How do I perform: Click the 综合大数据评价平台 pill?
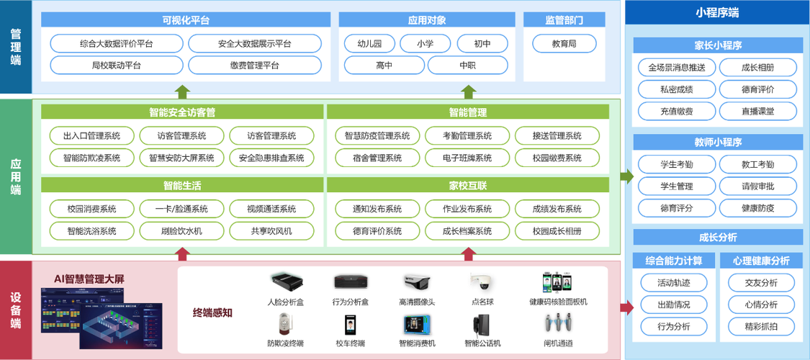pyautogui.click(x=117, y=43)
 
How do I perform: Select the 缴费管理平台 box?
pyautogui.click(x=255, y=65)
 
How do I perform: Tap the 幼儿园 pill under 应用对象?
pyautogui.click(x=369, y=43)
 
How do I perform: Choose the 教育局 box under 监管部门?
pyautogui.click(x=564, y=43)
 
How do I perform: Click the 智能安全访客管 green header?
pyautogui.click(x=182, y=112)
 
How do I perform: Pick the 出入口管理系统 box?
pyautogui.click(x=92, y=136)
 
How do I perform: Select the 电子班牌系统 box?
pyautogui.click(x=467, y=158)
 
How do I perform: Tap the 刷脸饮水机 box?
pyautogui.click(x=182, y=231)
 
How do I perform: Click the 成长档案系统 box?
pyautogui.click(x=467, y=231)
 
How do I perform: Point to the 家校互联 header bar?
pyautogui.click(x=468, y=186)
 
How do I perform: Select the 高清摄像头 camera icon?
pyautogui.click(x=417, y=282)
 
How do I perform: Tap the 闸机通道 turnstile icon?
pyautogui.click(x=558, y=323)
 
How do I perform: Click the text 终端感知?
pyautogui.click(x=212, y=312)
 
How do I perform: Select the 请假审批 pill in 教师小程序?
pyautogui.click(x=758, y=186)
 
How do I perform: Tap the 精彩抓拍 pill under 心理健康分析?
pyautogui.click(x=762, y=326)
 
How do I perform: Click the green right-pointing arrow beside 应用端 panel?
pyautogui.click(x=626, y=176)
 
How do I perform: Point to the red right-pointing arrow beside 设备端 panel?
pyautogui.click(x=626, y=308)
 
